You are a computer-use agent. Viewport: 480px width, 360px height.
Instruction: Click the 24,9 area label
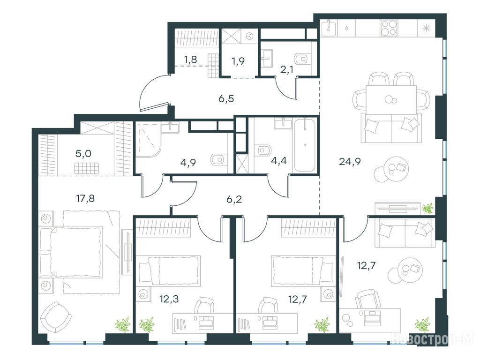coord(350,162)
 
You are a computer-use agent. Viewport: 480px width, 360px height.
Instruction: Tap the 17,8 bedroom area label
coord(85,199)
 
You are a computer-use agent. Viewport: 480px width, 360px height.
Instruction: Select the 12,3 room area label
coord(169,299)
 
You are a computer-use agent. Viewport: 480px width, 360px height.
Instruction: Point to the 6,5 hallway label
coord(226,98)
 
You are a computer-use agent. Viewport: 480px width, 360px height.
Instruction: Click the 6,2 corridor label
coord(234,199)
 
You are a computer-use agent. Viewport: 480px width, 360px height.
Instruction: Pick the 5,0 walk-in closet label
coord(83,154)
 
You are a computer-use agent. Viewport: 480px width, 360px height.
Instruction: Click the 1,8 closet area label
coord(190,60)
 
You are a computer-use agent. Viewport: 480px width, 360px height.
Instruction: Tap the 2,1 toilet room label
coord(287,70)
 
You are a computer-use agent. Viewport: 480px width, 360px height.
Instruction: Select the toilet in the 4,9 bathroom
coord(219,159)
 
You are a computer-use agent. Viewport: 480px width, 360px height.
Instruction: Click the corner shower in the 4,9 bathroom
coord(149,140)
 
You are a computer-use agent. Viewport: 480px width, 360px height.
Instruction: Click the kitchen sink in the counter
coord(329,27)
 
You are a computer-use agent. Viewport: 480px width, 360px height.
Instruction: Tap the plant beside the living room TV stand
coord(427,209)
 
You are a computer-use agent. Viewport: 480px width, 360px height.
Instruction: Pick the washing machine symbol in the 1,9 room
coord(251,36)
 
